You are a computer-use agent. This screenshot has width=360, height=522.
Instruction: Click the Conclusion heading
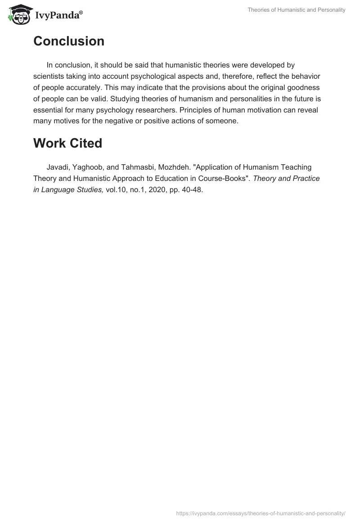[x=69, y=41]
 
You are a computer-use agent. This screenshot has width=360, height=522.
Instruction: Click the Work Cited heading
[x=67, y=143]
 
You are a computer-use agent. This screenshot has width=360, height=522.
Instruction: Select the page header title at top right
[x=297, y=10]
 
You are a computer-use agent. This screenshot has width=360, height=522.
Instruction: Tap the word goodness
[x=304, y=88]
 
